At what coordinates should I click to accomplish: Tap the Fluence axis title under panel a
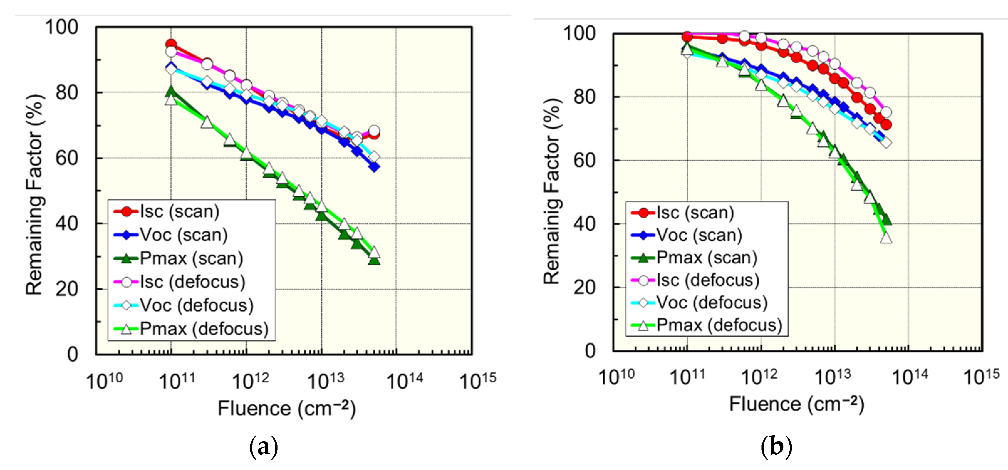(286, 409)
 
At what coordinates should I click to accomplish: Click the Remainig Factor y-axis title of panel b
(553, 192)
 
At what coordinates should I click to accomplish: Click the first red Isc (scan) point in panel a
(171, 44)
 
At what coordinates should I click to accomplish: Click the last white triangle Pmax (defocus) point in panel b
(886, 238)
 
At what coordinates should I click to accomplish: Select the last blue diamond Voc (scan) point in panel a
(374, 167)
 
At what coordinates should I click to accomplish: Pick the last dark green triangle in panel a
(374, 260)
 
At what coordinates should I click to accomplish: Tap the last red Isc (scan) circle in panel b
(886, 125)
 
